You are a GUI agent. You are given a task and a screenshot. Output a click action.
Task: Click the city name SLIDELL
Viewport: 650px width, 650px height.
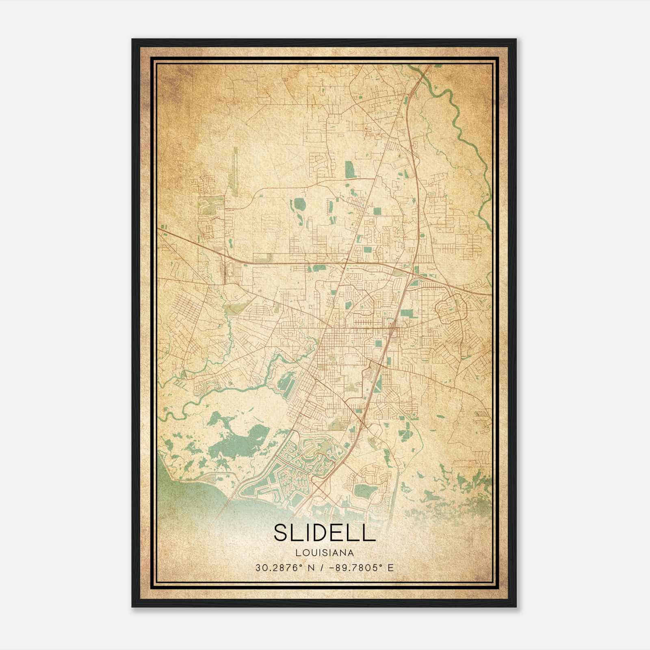click(325, 532)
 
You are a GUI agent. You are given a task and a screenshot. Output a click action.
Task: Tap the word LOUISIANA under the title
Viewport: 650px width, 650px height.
click(325, 553)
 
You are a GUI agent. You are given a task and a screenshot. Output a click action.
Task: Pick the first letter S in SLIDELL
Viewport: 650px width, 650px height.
click(281, 532)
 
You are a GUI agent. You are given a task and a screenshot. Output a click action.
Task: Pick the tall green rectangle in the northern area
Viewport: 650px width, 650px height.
click(349, 169)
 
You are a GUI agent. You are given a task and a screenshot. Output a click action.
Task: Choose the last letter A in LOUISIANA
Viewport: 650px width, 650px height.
click(351, 553)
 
